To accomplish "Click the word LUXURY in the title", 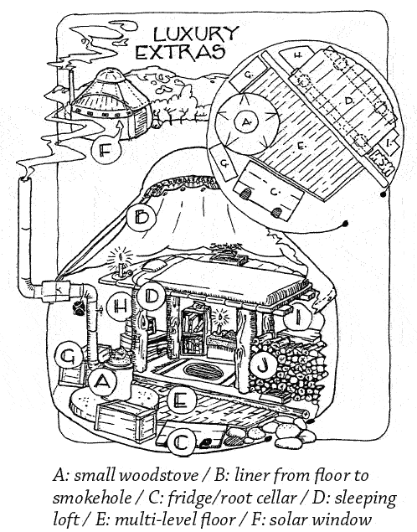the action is (x=196, y=34).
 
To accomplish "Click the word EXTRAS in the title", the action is (x=180, y=52).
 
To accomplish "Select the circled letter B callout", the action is (x=142, y=217).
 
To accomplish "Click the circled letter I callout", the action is (x=298, y=318).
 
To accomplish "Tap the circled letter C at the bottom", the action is (x=183, y=442).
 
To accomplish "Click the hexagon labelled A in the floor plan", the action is (x=246, y=121).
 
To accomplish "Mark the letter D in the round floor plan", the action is (x=348, y=101).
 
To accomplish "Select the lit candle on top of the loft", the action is (x=121, y=263).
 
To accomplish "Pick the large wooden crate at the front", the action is (x=125, y=421).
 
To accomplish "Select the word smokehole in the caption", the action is (x=92, y=498).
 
